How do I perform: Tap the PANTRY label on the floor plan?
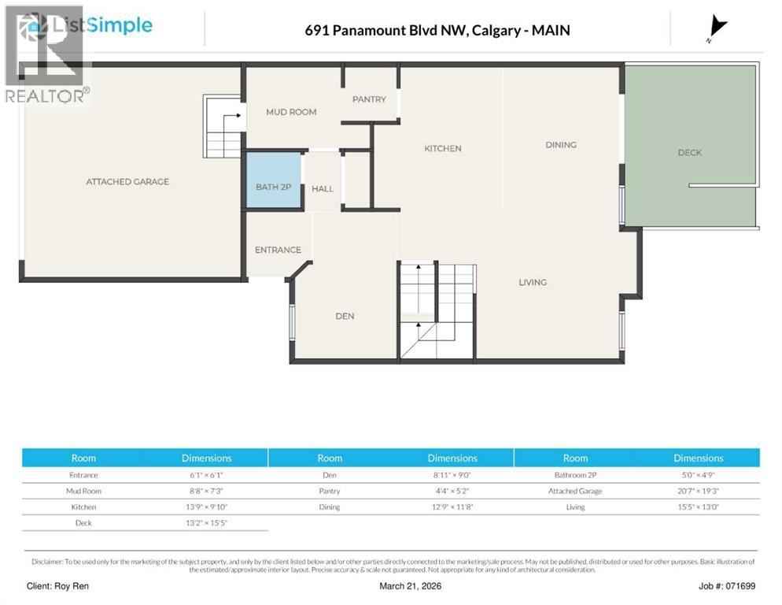pos(369,99)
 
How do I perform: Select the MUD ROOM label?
pos(291,112)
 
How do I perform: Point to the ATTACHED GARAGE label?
pos(127,181)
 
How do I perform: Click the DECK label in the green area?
pos(689,152)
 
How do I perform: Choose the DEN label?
pos(345,316)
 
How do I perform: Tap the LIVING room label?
pos(533,282)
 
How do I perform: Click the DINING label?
pos(561,144)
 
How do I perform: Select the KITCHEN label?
pos(443,148)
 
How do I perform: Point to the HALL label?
pos(323,189)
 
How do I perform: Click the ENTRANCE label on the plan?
pos(278,250)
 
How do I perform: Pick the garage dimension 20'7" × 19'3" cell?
pos(698,491)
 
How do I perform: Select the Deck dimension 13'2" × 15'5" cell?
pos(206,522)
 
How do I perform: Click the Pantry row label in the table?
pos(330,491)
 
